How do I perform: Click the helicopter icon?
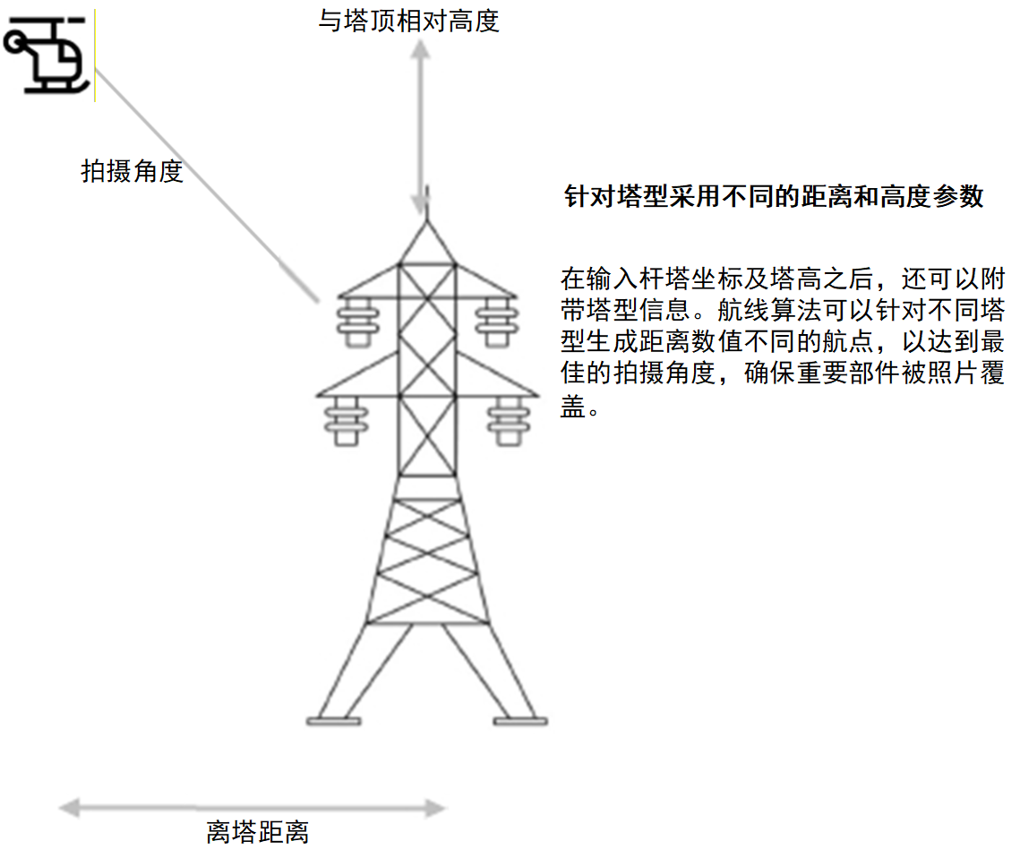(x=47, y=56)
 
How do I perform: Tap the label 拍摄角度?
(x=133, y=171)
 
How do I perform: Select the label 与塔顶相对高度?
(x=408, y=20)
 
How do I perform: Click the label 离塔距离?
(x=258, y=832)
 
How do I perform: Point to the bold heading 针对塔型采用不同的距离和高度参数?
(x=775, y=197)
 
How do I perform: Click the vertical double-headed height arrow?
(x=421, y=125)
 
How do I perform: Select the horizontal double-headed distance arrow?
(x=253, y=809)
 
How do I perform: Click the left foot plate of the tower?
(x=334, y=720)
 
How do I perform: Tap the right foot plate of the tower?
(x=520, y=720)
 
